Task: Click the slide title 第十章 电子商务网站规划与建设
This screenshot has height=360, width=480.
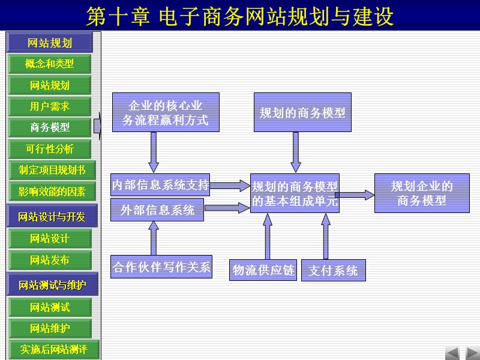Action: pyautogui.click(x=240, y=16)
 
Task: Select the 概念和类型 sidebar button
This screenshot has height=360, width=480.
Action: pyautogui.click(x=50, y=64)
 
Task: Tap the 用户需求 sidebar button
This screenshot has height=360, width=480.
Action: pyautogui.click(x=50, y=106)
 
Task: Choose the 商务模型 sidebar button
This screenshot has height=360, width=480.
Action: pyautogui.click(x=50, y=127)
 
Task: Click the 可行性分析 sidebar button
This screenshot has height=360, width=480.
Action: pyautogui.click(x=50, y=148)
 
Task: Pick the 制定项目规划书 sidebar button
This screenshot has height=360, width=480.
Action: pyautogui.click(x=52, y=170)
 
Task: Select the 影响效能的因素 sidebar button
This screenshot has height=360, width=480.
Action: pyautogui.click(x=52, y=191)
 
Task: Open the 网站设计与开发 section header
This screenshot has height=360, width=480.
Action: pyautogui.click(x=52, y=217)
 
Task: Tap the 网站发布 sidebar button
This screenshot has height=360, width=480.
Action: pyautogui.click(x=50, y=260)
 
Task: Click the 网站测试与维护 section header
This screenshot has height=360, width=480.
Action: pyautogui.click(x=52, y=284)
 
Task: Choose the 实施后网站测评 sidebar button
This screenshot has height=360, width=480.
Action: pyautogui.click(x=52, y=349)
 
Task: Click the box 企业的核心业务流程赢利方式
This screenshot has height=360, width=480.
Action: pyautogui.click(x=165, y=112)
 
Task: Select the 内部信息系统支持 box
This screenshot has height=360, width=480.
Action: pyautogui.click(x=160, y=185)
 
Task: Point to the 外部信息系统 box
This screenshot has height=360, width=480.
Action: pyautogui.click(x=157, y=210)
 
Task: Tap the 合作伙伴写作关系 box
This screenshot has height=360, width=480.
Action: pyautogui.click(x=162, y=267)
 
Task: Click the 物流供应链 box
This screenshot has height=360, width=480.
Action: pyautogui.click(x=264, y=271)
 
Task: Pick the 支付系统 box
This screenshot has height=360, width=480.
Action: pyautogui.click(x=333, y=271)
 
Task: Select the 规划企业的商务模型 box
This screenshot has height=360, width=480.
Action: pyautogui.click(x=422, y=193)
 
